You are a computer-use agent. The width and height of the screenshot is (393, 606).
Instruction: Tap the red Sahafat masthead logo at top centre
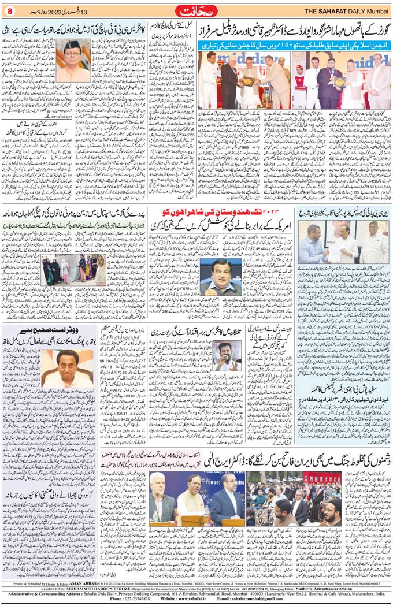point(196,10)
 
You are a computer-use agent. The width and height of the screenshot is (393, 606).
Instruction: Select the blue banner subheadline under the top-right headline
point(295,44)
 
